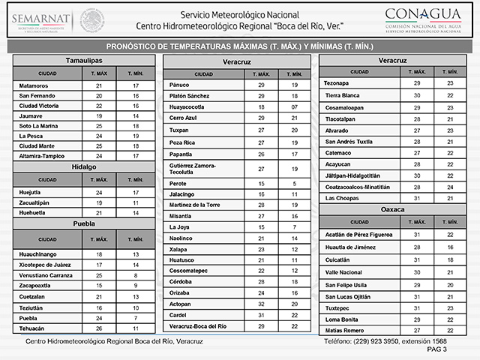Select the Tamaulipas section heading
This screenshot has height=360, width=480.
83,59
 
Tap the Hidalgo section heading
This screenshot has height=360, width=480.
83,166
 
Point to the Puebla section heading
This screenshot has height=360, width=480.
83,223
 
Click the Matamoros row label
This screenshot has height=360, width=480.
36,86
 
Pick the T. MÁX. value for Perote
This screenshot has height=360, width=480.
262,183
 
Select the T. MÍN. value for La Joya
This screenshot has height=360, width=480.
295,226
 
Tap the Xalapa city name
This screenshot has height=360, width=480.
180,248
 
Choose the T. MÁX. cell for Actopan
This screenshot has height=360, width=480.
262,304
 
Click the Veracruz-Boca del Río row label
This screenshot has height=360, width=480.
198,326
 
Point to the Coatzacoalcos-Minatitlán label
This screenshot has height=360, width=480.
357,186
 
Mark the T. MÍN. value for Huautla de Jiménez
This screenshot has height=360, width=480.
450,247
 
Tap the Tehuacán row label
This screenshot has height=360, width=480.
32,328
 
